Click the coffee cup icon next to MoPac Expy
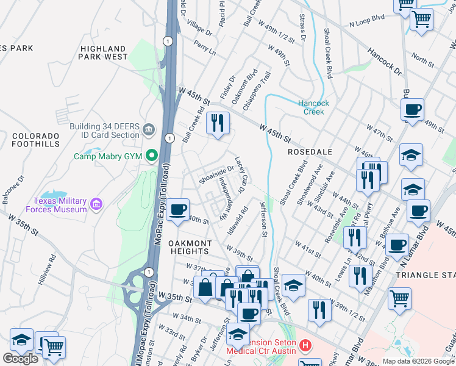click(177, 210)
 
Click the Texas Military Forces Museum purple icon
click(96, 204)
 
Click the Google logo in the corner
click(21, 359)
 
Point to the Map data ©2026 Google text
click(419, 361)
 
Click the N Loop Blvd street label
click(366, 20)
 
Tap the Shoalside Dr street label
click(217, 174)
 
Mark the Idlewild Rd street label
click(238, 221)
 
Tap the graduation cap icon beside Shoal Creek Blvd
click(293, 285)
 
